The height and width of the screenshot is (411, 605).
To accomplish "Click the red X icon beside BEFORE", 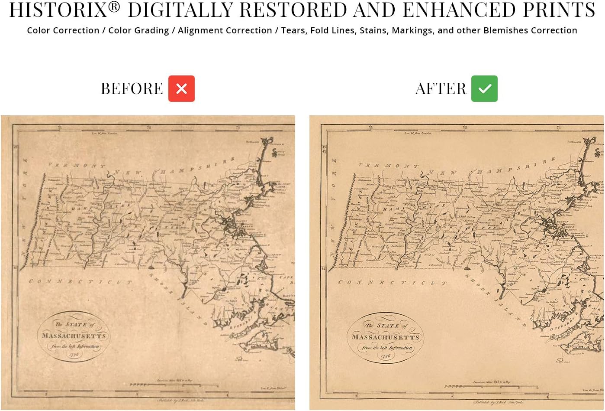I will click(x=181, y=88).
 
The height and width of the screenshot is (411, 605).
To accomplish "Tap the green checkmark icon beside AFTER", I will click(x=484, y=88).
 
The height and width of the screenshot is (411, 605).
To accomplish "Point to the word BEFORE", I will click(x=132, y=89).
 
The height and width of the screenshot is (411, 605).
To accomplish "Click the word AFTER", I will click(x=441, y=89).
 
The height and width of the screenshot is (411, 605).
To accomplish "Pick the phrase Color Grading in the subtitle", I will click(x=138, y=30).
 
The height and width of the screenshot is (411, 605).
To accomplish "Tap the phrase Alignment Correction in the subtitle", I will click(x=225, y=30).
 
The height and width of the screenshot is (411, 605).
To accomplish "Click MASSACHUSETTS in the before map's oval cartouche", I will click(x=74, y=336).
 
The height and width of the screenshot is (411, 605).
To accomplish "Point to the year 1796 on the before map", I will click(x=74, y=354).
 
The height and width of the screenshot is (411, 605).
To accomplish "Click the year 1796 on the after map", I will click(x=385, y=356).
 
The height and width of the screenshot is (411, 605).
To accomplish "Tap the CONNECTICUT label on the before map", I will click(x=80, y=282).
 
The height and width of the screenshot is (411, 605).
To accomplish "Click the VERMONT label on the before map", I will click(x=77, y=165).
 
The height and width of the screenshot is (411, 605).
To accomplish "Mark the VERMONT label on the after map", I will click(x=389, y=166).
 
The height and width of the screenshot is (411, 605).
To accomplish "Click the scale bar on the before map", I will click(x=173, y=385).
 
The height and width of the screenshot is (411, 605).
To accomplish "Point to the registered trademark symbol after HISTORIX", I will click(x=114, y=6).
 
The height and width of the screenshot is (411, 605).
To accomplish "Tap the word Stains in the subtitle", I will click(x=373, y=30).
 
